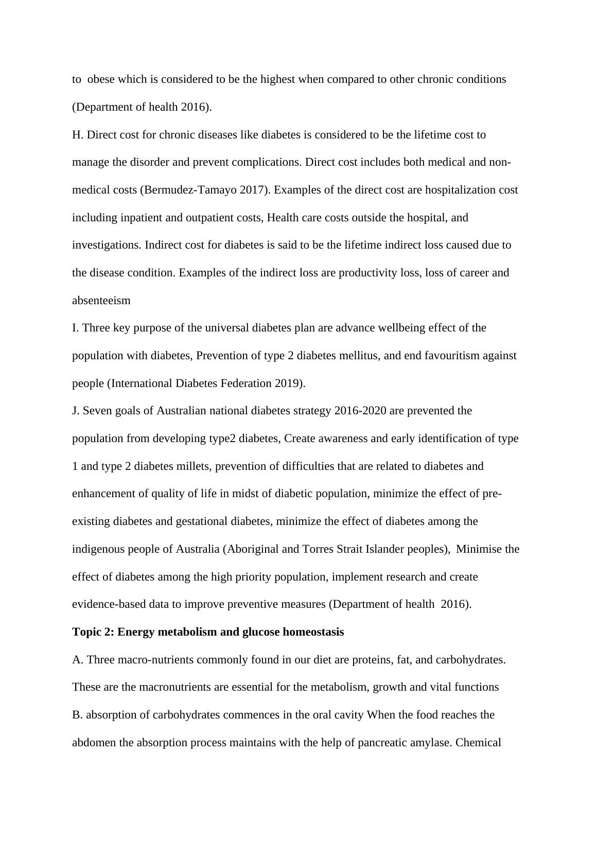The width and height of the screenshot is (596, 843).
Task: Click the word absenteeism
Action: point(101,301)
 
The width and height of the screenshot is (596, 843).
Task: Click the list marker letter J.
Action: point(75,411)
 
